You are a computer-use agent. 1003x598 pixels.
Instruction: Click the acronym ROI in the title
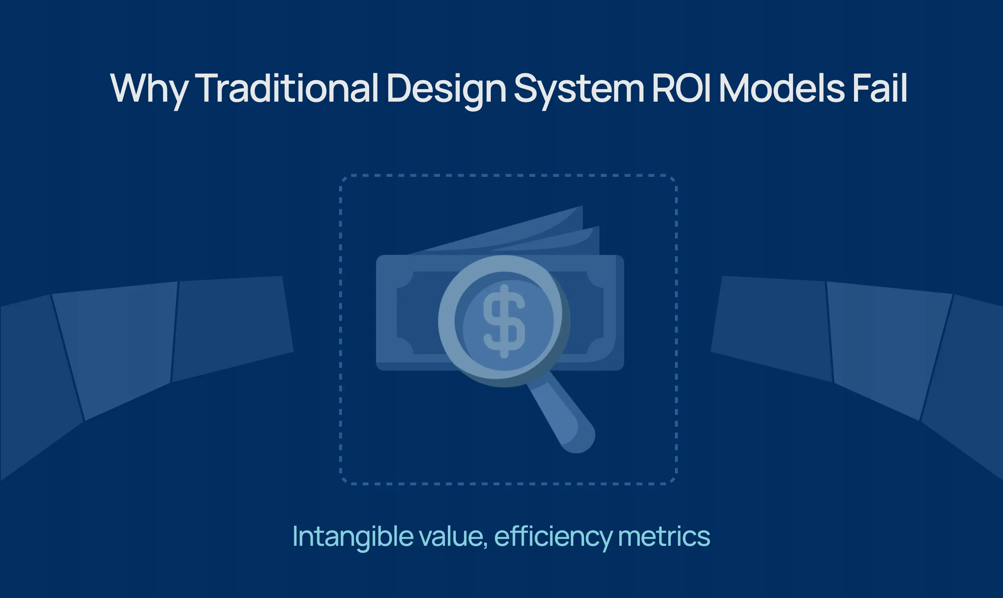tap(681, 88)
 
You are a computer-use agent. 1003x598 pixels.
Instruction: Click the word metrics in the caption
tap(663, 536)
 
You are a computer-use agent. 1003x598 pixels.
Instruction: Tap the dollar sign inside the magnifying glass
tap(504, 321)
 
